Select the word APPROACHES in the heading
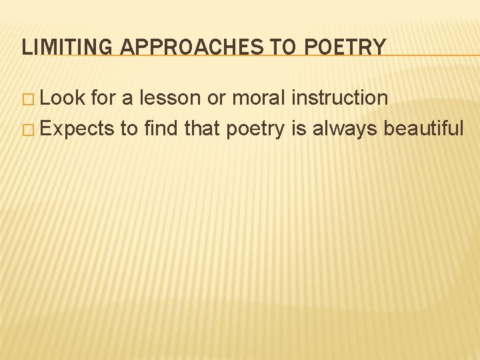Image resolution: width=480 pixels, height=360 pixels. [x=179, y=47]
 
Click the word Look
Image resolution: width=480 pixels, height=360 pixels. [x=63, y=98]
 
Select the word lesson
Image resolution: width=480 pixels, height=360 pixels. [x=172, y=98]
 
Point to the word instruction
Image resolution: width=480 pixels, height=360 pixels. [x=340, y=98]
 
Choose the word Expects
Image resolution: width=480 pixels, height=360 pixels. [x=79, y=128]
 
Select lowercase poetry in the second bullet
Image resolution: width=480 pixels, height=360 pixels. [x=255, y=129]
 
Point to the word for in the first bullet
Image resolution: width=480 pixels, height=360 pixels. [x=104, y=98]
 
